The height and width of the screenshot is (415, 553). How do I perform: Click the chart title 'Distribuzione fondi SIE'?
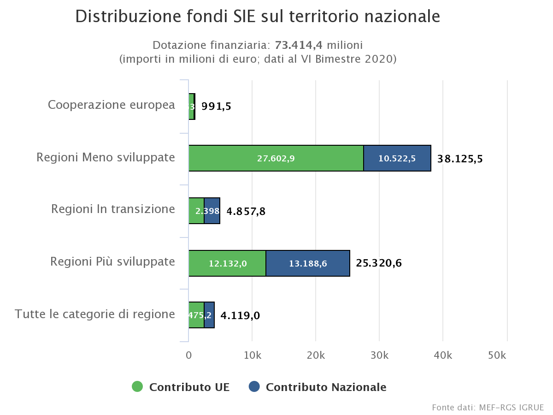258,17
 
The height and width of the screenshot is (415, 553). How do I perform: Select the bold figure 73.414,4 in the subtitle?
299,45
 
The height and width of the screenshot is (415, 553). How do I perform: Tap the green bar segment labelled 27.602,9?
276,159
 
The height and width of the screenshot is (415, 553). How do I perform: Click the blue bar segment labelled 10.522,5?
397,159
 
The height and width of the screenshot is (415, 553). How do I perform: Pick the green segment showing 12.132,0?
228,264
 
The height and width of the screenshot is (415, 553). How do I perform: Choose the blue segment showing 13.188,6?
308,264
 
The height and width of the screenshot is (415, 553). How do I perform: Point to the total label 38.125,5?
459,159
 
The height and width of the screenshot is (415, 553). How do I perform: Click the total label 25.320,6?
379,263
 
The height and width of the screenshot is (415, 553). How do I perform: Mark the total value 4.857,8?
246,212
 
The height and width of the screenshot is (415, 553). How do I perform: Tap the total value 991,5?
216,107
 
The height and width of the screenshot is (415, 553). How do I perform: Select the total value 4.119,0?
240,316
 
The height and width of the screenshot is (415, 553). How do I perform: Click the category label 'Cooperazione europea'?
112,105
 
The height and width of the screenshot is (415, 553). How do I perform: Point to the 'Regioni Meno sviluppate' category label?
106,158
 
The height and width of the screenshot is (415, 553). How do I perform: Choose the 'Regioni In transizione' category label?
113,209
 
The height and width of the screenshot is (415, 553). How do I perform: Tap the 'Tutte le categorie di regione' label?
95,314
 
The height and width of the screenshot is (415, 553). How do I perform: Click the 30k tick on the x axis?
379,356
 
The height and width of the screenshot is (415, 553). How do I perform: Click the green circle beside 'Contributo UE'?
137,387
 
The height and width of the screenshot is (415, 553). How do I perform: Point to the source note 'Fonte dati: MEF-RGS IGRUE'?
488,408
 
